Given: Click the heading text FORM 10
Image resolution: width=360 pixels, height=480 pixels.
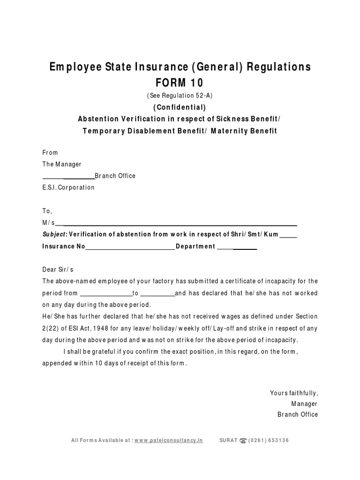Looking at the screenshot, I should click(180, 83).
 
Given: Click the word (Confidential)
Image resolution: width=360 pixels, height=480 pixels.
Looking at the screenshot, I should click(180, 107).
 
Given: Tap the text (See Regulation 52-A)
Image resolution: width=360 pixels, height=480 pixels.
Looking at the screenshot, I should click(180, 96).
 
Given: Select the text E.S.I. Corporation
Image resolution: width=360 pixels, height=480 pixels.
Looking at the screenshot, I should click(68, 187).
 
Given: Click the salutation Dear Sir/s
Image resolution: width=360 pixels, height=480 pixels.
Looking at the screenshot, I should click(58, 270).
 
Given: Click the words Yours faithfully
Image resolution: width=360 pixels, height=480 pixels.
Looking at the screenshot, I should click(294, 393).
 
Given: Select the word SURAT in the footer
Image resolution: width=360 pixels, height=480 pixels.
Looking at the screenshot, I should click(228, 441).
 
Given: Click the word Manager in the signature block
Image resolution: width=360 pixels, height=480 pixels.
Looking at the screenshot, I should click(304, 404).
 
